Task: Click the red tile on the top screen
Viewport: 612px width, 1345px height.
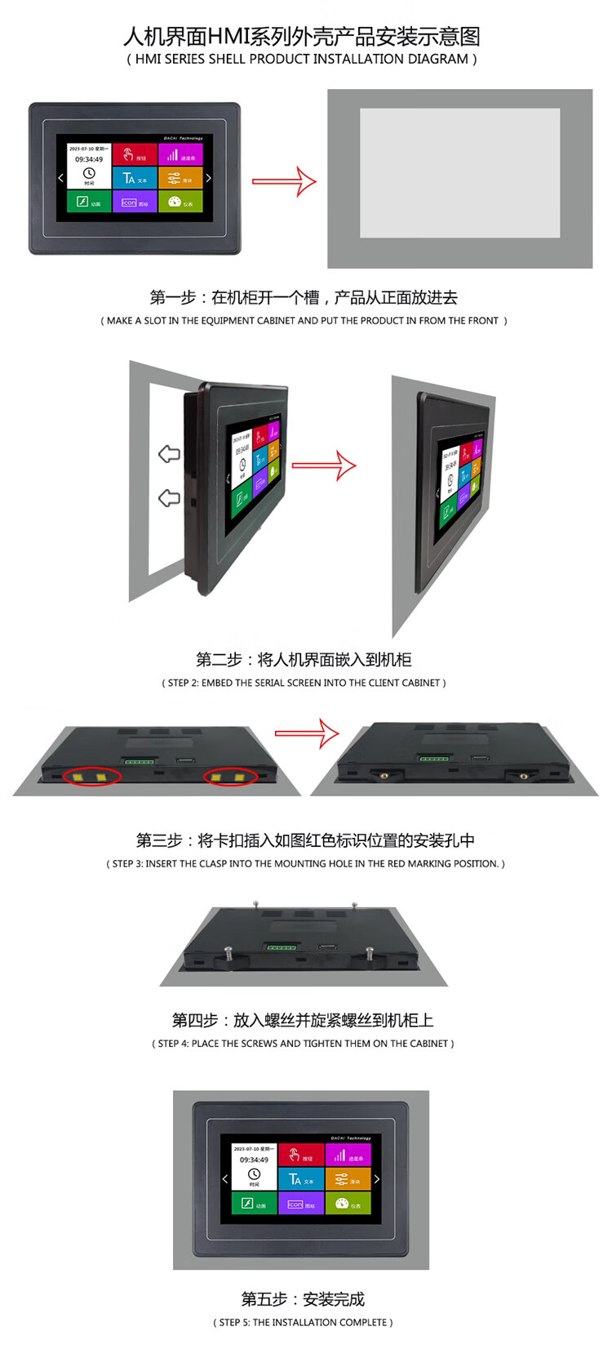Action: (x=134, y=154)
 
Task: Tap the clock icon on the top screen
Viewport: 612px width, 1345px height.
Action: (x=89, y=173)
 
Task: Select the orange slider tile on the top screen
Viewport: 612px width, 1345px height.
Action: (x=180, y=177)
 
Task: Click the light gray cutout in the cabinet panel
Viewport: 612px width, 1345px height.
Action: (x=459, y=173)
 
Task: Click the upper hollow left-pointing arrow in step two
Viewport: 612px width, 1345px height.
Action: (x=169, y=454)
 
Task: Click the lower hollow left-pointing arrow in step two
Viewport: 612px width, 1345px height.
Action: (x=169, y=497)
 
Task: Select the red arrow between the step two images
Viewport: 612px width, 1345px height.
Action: (x=324, y=466)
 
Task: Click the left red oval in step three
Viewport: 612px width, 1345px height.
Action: (x=91, y=777)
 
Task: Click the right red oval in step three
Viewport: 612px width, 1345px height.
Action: (x=230, y=777)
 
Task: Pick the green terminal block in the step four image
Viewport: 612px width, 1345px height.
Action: (x=280, y=947)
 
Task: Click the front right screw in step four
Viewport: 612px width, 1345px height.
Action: (x=370, y=953)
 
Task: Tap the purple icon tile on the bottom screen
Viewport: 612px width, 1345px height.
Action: (x=301, y=1204)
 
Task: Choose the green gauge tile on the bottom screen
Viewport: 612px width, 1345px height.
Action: (x=348, y=1204)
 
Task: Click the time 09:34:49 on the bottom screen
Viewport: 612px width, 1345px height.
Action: (x=254, y=1160)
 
